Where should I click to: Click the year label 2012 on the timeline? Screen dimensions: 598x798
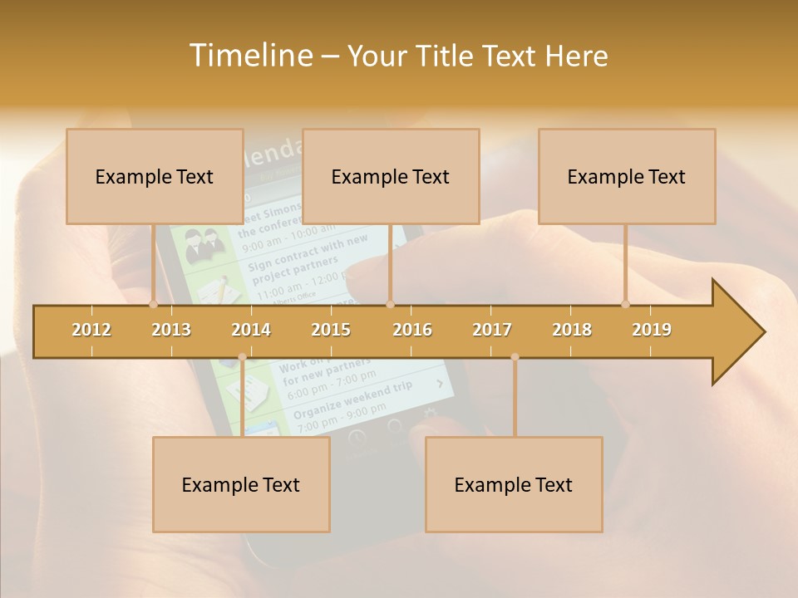91,330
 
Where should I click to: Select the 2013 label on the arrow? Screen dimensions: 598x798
171,330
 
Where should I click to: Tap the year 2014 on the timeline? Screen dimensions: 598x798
251,330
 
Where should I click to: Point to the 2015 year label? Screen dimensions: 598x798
331,330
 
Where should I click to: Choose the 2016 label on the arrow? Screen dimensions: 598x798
412,330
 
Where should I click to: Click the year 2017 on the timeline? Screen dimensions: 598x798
492,330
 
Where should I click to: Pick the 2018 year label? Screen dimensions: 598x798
572,330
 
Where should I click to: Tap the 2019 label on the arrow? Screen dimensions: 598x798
652,330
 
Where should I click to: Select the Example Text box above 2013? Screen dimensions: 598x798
155,176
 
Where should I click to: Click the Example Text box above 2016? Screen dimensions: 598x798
391,176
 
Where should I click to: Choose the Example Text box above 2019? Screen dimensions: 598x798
627,176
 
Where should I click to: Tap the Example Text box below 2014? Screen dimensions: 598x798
241,484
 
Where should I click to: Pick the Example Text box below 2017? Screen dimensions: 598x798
514,484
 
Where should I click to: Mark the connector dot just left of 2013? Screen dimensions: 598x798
154,304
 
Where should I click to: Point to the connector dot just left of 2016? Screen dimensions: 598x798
390,304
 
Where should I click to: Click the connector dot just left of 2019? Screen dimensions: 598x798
626,304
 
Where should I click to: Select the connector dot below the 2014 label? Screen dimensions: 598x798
242,357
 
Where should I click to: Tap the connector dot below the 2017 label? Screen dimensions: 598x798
515,357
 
